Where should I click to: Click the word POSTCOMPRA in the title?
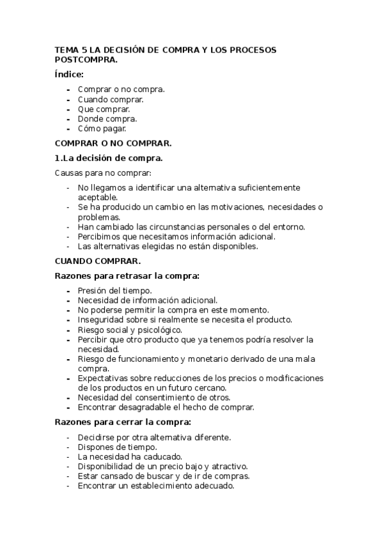pos(86,60)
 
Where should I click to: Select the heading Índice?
pos(70,75)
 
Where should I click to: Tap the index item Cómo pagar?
pos(98,128)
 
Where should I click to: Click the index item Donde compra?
pos(107,119)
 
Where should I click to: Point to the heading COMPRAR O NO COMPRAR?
pos(113,143)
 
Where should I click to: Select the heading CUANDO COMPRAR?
pos(98,261)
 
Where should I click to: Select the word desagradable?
pos(147,407)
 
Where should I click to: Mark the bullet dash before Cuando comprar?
pos(68,100)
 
